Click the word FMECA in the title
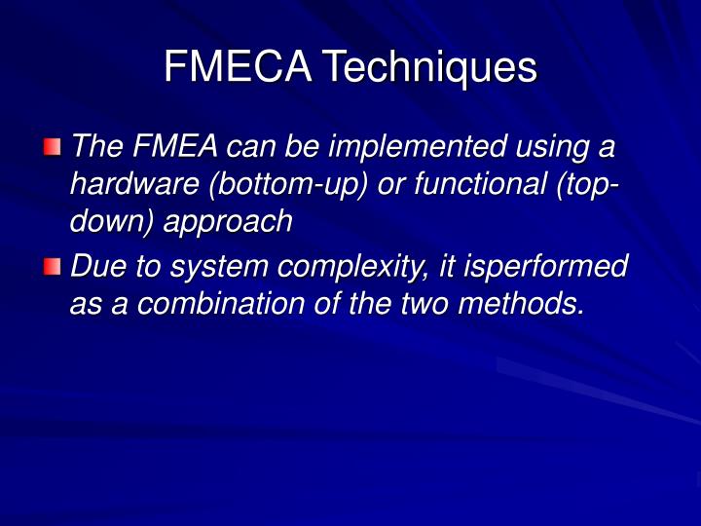pyautogui.click(x=239, y=67)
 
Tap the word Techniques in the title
pyautogui.click(x=430, y=67)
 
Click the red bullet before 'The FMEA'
pyautogui.click(x=52, y=148)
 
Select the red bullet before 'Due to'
pyautogui.click(x=52, y=266)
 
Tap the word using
pyautogui.click(x=553, y=147)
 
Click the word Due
pyautogui.click(x=97, y=265)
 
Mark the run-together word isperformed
pyautogui.click(x=550, y=266)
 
